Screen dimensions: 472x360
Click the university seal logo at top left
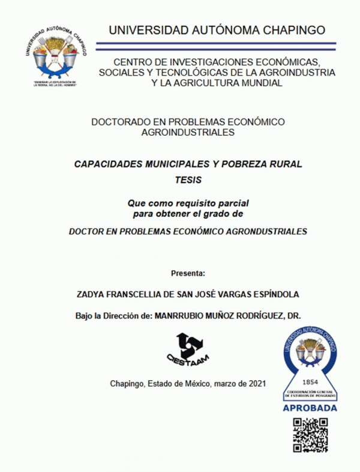pos(53,55)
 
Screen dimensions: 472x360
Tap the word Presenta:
pos(188,273)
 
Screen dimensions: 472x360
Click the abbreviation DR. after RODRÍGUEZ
pos(293,315)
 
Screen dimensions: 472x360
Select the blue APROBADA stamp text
pos(310,408)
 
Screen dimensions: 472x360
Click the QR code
pos(310,435)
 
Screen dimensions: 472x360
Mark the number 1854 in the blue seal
pos(311,381)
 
